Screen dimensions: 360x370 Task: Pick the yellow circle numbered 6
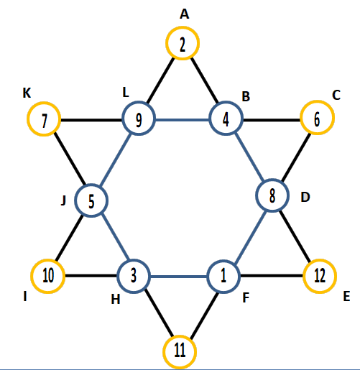point(318,102)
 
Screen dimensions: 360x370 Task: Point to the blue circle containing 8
point(272,180)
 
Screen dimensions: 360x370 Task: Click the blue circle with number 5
point(91,185)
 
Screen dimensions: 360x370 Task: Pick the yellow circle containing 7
point(44,103)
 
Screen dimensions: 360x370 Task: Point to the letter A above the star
point(185,14)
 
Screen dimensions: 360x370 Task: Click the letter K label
point(27,93)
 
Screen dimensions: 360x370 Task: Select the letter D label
point(305,198)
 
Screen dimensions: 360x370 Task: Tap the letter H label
point(116,300)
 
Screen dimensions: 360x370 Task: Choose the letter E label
point(346,296)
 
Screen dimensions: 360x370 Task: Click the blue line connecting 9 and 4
point(183,119)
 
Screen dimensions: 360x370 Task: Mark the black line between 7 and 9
point(91,120)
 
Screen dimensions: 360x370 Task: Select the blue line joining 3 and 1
point(179,277)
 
